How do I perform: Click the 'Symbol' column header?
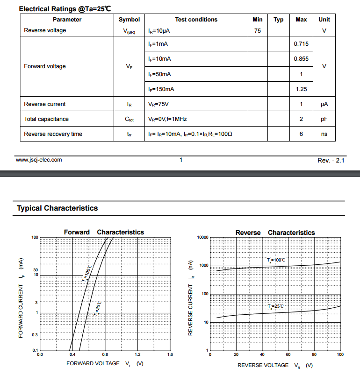coord(129,20)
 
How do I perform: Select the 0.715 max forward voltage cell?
coord(301,44)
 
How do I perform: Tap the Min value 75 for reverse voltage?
coord(258,31)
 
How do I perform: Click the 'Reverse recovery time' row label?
coord(53,134)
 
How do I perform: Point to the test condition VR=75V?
coord(158,104)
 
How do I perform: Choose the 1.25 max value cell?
coord(301,89)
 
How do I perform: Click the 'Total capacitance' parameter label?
coord(46,119)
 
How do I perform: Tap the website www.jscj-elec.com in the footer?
coord(39,160)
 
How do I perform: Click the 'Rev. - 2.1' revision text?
coord(331,160)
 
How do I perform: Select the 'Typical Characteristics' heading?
coord(58,208)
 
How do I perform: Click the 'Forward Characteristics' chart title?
coord(104,232)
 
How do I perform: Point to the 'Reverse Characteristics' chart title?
coord(275,233)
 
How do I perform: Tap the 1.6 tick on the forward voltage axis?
coord(170,355)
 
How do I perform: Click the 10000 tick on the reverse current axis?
coord(202,237)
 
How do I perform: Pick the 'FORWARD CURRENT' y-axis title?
coord(21,299)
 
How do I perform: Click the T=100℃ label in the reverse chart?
coord(276,260)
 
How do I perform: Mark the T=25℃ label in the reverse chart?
coord(276,306)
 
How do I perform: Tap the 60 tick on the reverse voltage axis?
coord(288,355)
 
